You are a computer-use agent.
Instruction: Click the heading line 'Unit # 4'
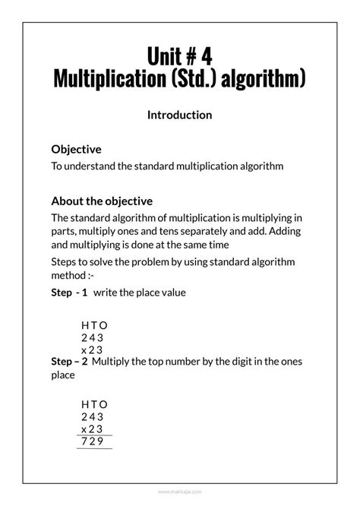coord(179,56)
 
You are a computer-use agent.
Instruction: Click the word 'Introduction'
coord(179,115)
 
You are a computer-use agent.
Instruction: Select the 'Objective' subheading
coord(76,150)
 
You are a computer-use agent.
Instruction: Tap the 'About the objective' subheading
coord(102,201)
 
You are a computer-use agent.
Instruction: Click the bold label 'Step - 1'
coord(69,292)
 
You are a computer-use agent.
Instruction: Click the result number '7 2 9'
coord(92,442)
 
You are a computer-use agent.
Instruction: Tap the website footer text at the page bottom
coord(179,492)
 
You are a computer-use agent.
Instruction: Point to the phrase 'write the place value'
coord(140,292)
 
